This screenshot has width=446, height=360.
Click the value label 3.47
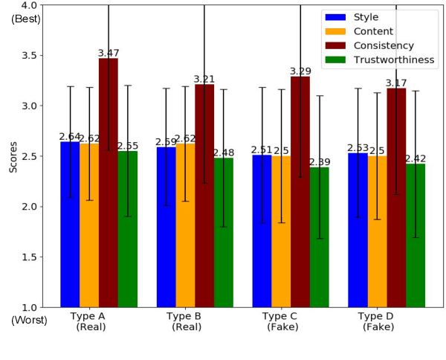(109, 54)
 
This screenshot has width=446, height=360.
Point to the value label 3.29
(300, 71)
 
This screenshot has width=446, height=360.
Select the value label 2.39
(320, 162)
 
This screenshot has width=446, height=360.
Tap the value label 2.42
(416, 159)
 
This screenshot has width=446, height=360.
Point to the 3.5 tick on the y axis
(35, 56)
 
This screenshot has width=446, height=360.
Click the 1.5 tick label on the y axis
(35, 257)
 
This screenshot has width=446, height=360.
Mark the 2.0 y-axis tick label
(35, 207)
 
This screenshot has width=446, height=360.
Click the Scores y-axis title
(13, 155)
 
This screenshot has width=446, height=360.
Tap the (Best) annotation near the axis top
(26, 19)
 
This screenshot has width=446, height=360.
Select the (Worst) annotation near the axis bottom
(29, 320)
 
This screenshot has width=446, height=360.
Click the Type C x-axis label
(279, 316)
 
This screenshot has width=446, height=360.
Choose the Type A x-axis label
(88, 316)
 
